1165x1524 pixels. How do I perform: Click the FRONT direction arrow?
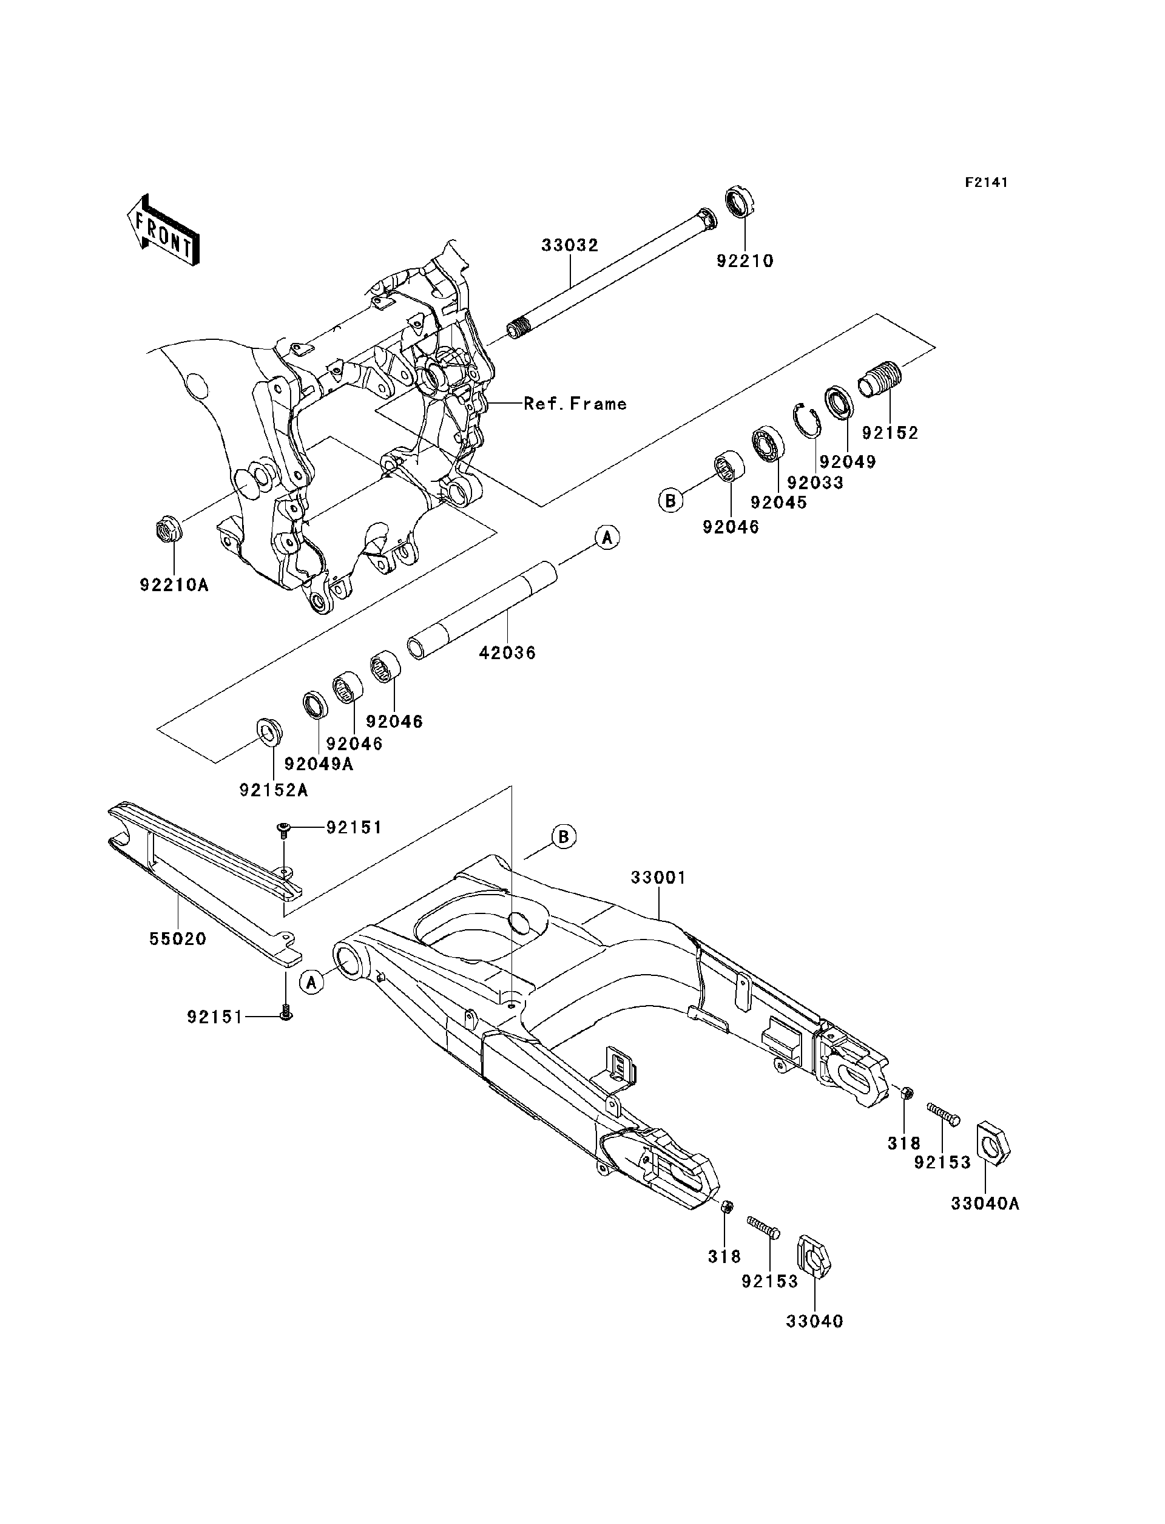[x=164, y=231]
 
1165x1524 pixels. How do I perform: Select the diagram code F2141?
[x=986, y=183]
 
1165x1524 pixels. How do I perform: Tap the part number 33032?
[x=569, y=246]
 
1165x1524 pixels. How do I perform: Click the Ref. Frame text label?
[x=575, y=404]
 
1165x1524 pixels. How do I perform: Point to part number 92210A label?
[x=174, y=584]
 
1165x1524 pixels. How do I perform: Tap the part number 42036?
[x=508, y=652]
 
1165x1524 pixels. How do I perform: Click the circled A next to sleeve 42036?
[x=607, y=538]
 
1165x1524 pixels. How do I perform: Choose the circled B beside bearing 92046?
[x=670, y=500]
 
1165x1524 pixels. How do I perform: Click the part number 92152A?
[x=274, y=790]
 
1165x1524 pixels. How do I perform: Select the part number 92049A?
[x=319, y=765]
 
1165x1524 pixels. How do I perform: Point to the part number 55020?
[x=178, y=940]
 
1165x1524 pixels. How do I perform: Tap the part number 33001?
[x=658, y=878]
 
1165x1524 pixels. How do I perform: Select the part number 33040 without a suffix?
[x=815, y=1321]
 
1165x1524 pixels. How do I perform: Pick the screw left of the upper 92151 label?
[x=283, y=828]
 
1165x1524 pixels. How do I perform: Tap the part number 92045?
[x=778, y=502]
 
